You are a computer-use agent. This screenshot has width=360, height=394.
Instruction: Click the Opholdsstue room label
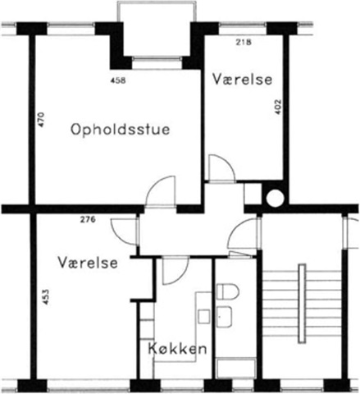[121, 130]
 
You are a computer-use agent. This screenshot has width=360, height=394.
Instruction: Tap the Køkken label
[177, 349]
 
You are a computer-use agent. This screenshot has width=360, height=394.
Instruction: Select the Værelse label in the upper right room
[243, 80]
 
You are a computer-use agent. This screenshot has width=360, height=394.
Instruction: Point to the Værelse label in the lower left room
[88, 263]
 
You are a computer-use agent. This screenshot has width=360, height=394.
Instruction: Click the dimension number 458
[118, 80]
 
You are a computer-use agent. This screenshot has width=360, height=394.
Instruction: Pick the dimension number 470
[41, 121]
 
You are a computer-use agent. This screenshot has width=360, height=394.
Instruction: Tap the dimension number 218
[244, 42]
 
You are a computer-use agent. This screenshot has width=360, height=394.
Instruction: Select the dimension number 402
[277, 107]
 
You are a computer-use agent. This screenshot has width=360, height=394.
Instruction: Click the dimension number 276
[88, 219]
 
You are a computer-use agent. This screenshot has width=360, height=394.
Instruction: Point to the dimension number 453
[46, 297]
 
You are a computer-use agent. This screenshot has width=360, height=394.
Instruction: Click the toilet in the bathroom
[227, 291]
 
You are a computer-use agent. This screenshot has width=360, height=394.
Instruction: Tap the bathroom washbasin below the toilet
[225, 317]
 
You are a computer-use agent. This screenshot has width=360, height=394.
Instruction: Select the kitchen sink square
[204, 316]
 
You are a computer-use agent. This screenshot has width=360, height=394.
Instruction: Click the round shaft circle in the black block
[275, 198]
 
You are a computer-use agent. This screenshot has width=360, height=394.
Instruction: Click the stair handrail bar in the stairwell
[302, 303]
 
